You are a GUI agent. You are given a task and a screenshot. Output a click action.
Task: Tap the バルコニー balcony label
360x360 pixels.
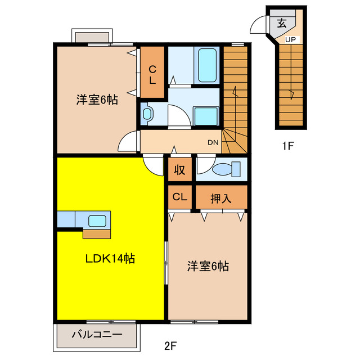pyautogui.click(x=97, y=335)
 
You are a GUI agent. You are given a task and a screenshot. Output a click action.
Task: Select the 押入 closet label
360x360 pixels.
pyautogui.click(x=220, y=198)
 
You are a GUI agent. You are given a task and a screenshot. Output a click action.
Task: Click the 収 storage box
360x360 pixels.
pyautogui.click(x=179, y=169)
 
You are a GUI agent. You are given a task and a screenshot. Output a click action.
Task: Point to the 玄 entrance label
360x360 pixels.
pyautogui.click(x=282, y=23)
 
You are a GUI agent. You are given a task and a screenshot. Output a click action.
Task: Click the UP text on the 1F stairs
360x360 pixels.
pyautogui.click(x=291, y=39)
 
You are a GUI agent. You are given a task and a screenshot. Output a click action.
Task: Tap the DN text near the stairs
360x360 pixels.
pyautogui.click(x=213, y=142)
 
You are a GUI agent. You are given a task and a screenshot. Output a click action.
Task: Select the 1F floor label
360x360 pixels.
pyautogui.click(x=288, y=147)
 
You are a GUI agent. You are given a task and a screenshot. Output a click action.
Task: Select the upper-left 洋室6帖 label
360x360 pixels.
pyautogui.click(x=97, y=101)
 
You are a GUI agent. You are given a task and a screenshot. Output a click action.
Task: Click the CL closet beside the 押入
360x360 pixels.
pyautogui.click(x=179, y=197)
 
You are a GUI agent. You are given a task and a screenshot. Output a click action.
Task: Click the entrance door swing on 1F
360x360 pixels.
pyautogui.click(x=260, y=26)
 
